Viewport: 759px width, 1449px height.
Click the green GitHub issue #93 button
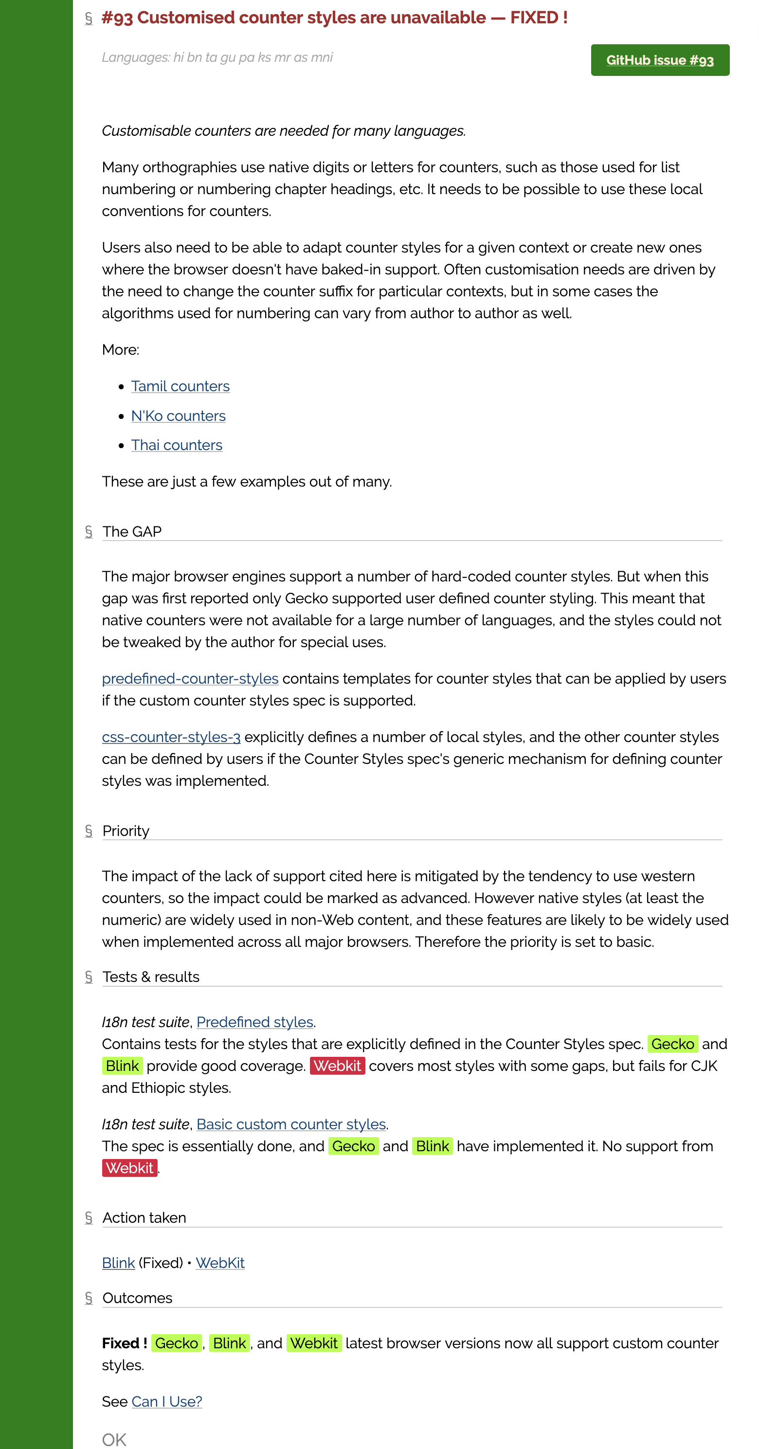(x=659, y=60)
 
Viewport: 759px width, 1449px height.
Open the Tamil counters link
(x=180, y=386)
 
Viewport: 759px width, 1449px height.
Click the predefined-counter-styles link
(x=190, y=678)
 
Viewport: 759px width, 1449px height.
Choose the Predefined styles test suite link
(x=254, y=1022)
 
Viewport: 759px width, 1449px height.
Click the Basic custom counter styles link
(x=291, y=1124)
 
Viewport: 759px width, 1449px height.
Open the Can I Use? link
(x=166, y=1402)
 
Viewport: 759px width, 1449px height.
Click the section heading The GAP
(x=132, y=531)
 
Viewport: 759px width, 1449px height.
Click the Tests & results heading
(x=151, y=977)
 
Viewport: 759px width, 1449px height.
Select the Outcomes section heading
(x=137, y=1298)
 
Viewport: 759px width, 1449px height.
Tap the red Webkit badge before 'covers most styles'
(x=337, y=1066)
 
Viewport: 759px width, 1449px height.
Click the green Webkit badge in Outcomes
(x=314, y=1343)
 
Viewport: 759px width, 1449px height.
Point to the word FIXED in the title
(x=534, y=18)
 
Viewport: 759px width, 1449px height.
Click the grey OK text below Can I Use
(x=114, y=1439)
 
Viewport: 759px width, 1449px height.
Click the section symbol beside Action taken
(x=89, y=1218)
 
